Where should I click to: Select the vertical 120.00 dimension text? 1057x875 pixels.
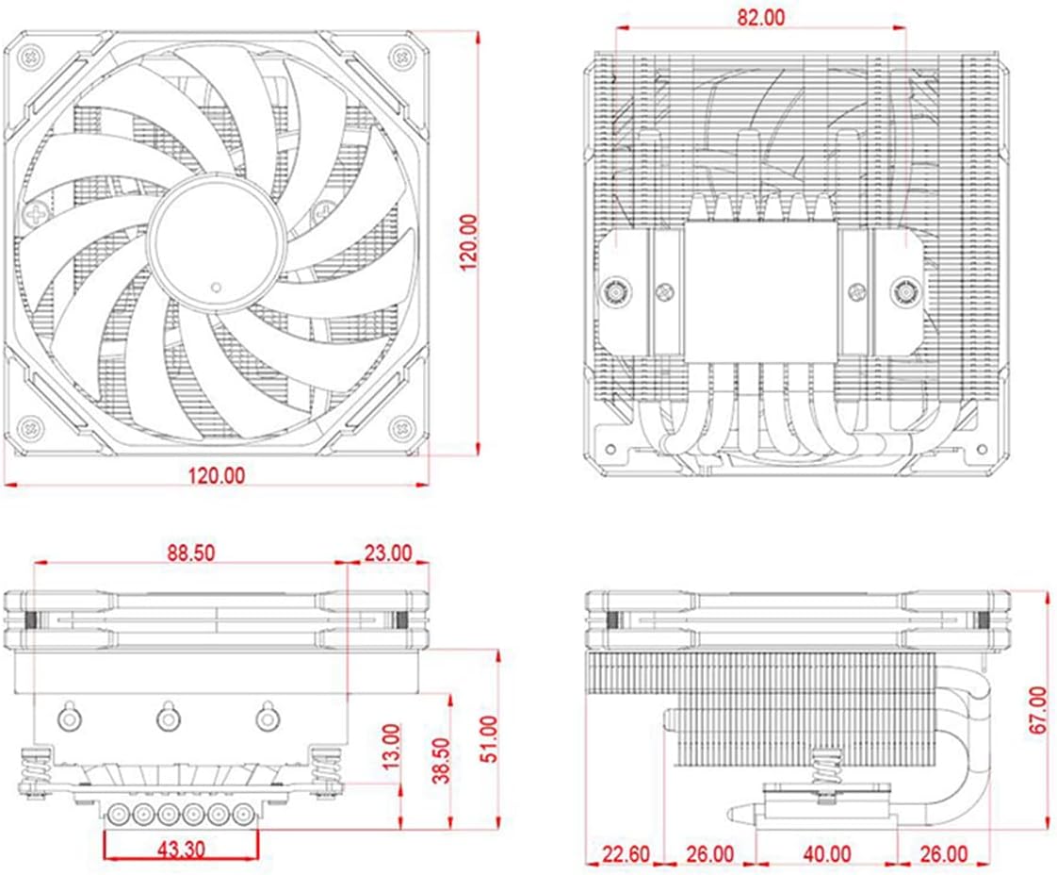[x=468, y=242]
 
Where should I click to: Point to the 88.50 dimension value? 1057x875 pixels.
[x=189, y=553]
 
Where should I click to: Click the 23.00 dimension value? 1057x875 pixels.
[x=387, y=553]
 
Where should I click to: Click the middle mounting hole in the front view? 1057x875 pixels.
[x=168, y=718]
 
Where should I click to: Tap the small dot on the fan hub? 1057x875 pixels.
[x=217, y=286]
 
